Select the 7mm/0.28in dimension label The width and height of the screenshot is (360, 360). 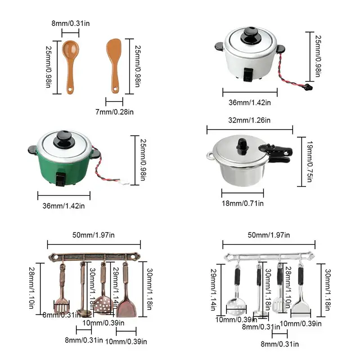point(114,112)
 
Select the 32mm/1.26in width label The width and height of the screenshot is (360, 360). point(250,120)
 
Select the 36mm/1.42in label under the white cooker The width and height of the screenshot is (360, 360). point(250,102)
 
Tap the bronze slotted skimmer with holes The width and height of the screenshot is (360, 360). point(102,298)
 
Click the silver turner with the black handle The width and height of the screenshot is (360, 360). point(301,298)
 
